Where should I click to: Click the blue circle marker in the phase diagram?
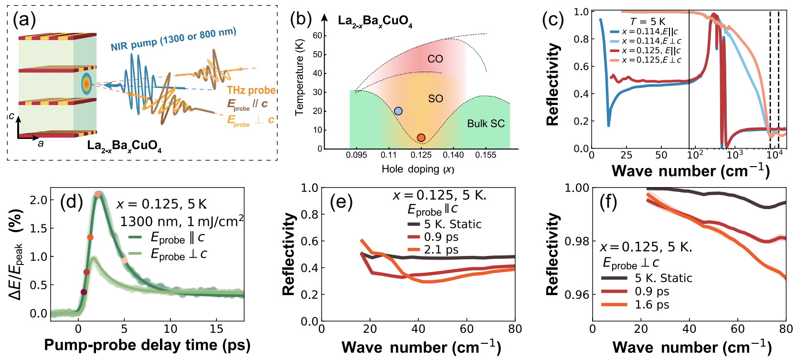point(398,111)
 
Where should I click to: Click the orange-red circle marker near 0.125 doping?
point(421,138)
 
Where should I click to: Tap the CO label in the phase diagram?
point(435,59)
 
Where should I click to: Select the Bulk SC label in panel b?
point(486,124)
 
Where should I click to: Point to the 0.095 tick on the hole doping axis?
point(356,155)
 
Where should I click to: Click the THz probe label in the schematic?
point(251,90)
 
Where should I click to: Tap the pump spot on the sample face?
point(86,84)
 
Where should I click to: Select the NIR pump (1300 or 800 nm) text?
point(173,39)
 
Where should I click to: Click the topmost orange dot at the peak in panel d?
point(98,194)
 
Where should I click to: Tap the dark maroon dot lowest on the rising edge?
point(84,292)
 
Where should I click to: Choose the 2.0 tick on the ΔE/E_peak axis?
point(39,200)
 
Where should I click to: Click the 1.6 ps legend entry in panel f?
point(651,305)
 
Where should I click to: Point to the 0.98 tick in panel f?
point(577,241)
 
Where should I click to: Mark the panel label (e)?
point(341,202)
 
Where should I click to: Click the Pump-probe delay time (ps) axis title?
point(147,345)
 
